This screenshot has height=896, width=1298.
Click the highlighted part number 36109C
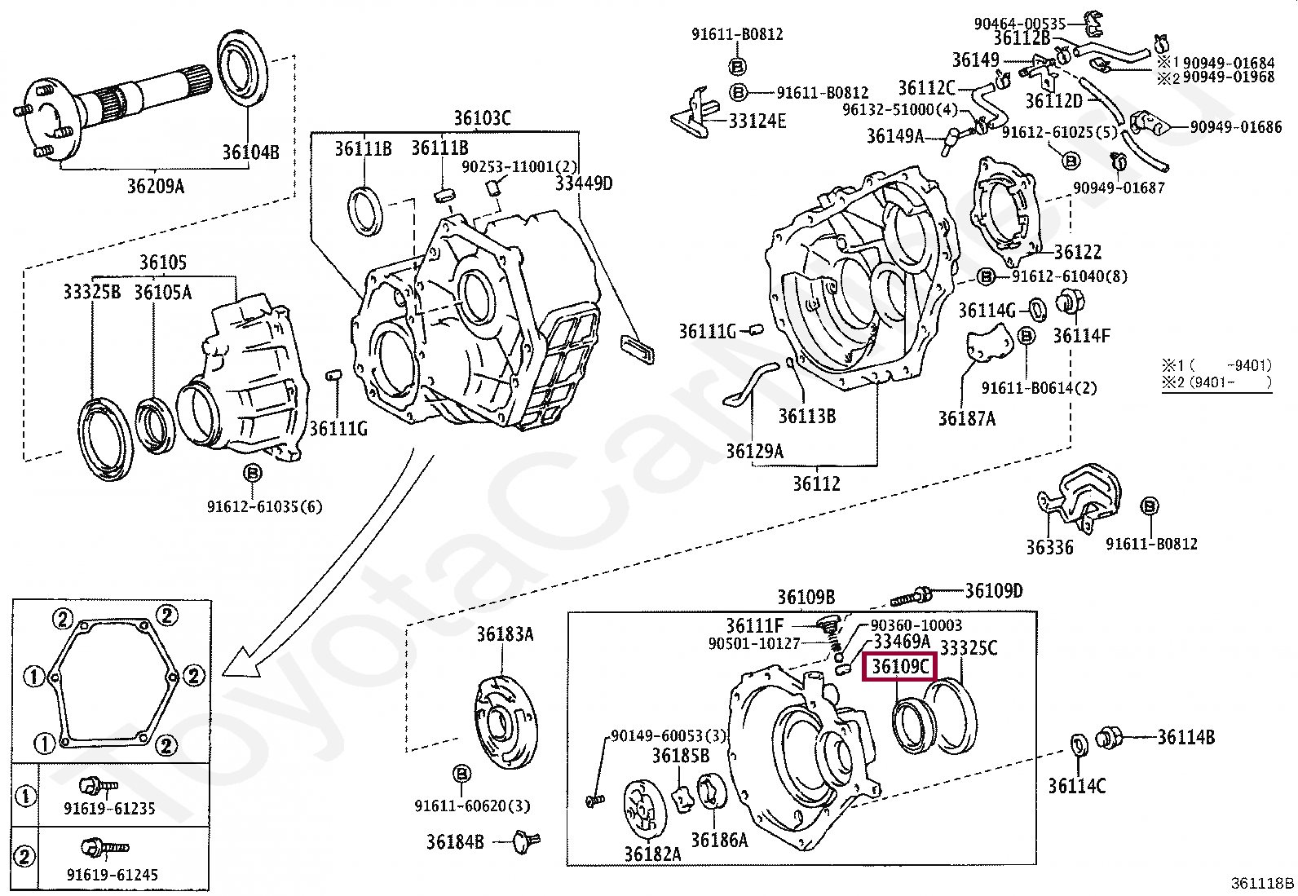click(900, 667)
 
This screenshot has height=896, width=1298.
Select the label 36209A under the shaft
click(155, 187)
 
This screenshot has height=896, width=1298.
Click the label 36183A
click(505, 634)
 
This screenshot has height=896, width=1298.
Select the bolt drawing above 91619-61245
click(104, 849)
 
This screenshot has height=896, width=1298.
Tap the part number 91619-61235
click(109, 809)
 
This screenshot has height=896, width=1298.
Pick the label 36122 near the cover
click(1077, 253)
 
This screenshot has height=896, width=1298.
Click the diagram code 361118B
click(1262, 883)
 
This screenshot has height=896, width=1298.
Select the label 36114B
click(1186, 737)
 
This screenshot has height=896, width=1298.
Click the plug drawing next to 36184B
click(522, 841)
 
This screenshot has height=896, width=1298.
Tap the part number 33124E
click(757, 121)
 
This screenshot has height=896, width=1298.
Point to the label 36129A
click(755, 451)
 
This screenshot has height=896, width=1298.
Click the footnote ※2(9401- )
click(1216, 382)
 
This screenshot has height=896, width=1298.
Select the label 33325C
click(969, 648)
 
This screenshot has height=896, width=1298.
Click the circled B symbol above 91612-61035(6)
click(252, 474)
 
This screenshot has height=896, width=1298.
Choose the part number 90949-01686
click(1236, 127)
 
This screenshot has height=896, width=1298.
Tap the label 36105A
click(162, 292)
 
